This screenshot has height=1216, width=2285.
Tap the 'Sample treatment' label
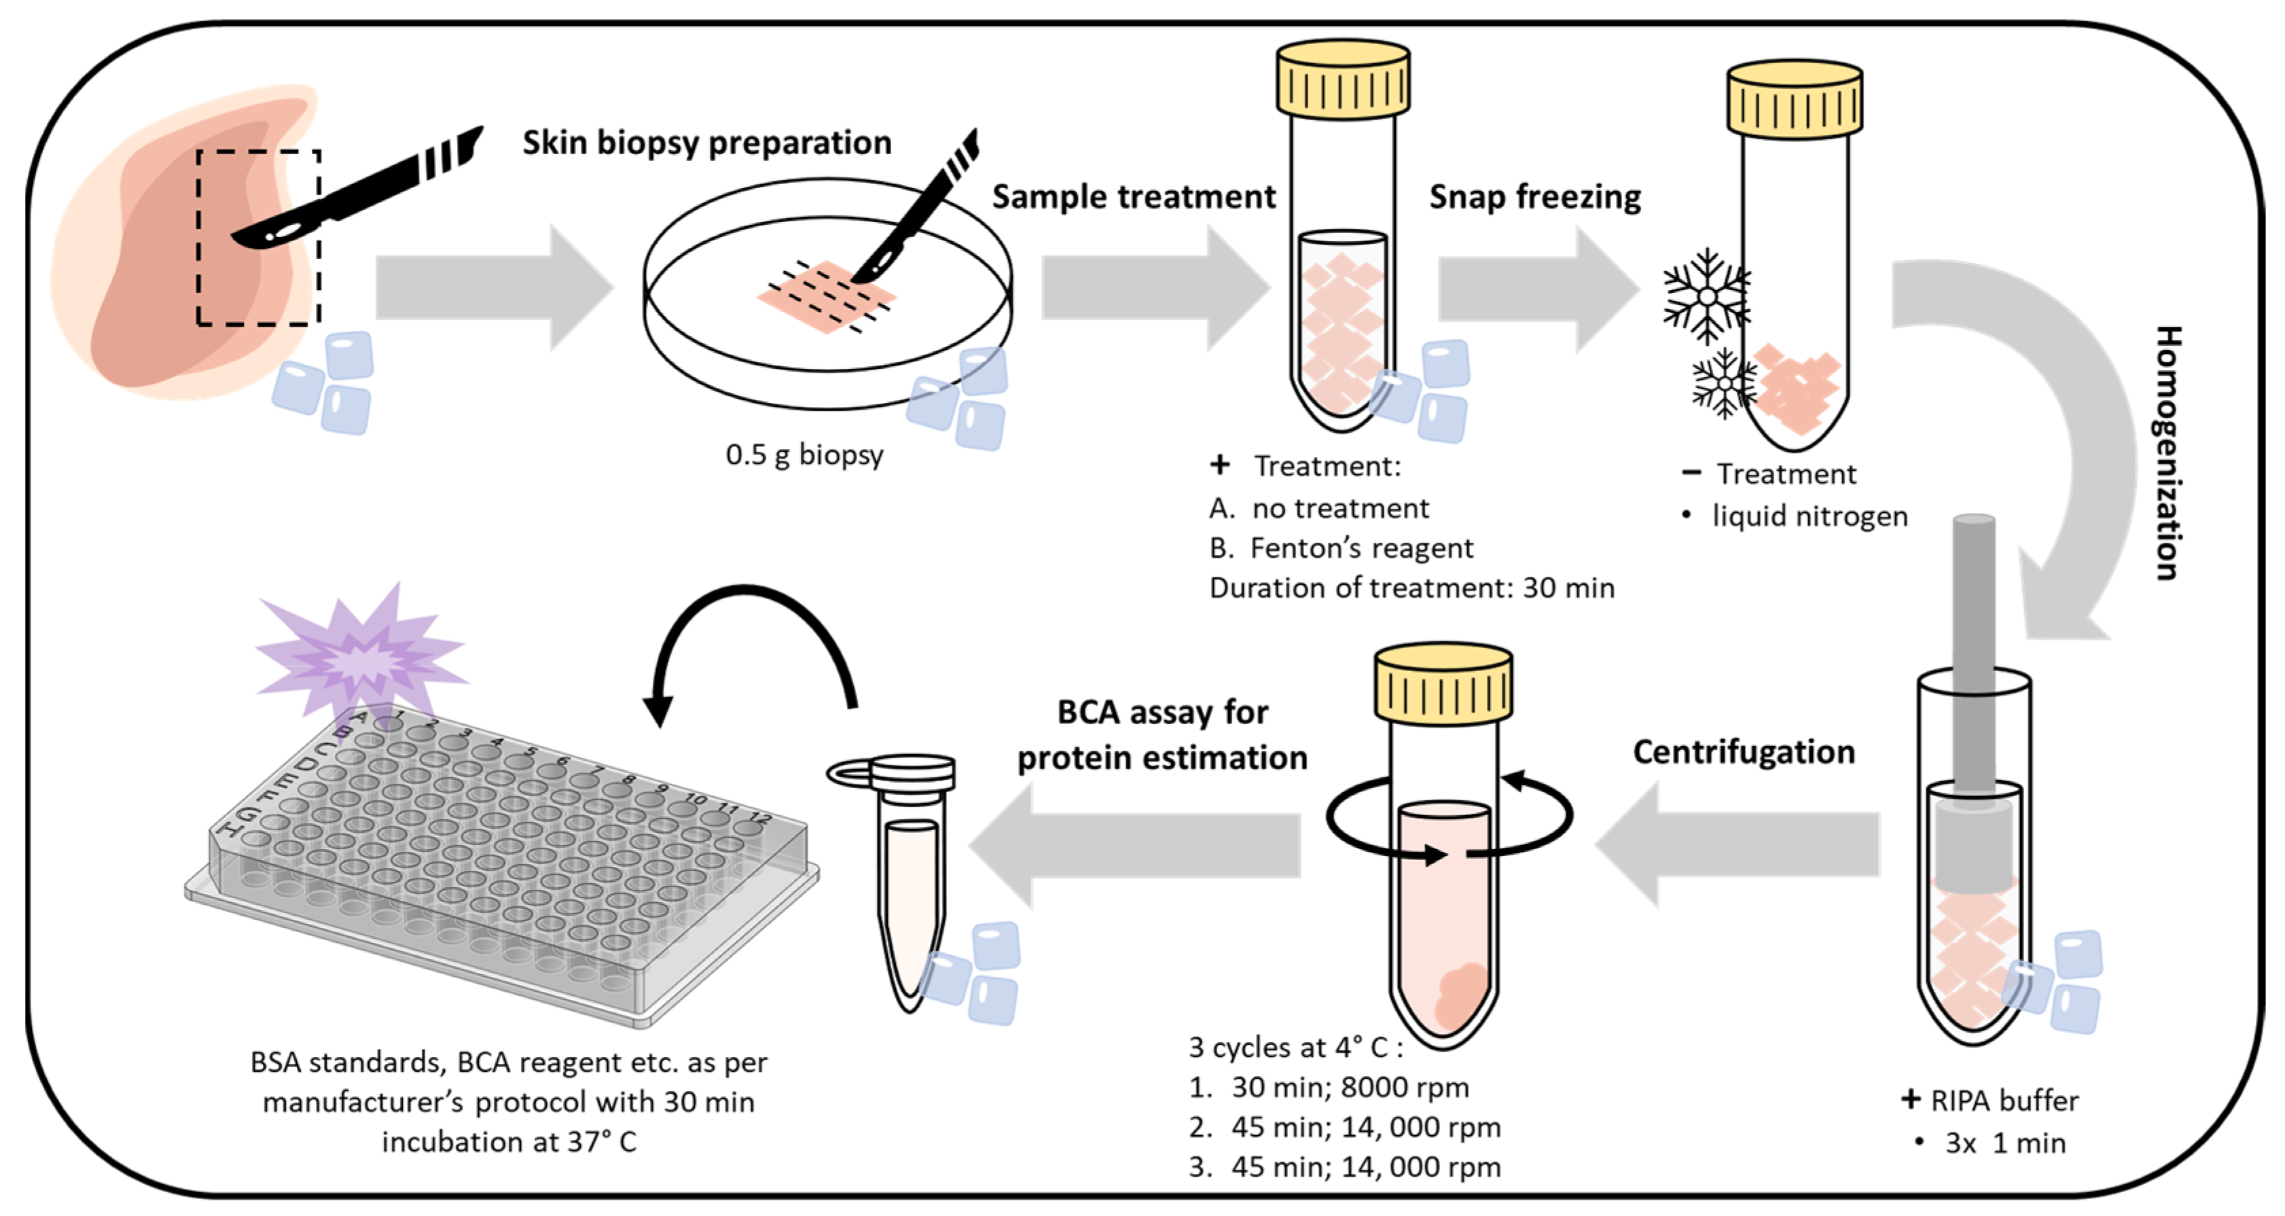click(1133, 197)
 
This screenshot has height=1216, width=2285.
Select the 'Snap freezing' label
click(1534, 197)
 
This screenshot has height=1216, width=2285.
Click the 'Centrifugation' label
click(1743, 752)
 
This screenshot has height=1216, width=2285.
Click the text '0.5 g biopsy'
click(804, 455)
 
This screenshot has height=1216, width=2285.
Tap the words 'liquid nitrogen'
click(1809, 516)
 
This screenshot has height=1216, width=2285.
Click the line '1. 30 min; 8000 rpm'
click(1329, 1088)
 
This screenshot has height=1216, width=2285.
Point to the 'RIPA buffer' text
click(2004, 1101)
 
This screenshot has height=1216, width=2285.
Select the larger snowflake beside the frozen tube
click(1705, 296)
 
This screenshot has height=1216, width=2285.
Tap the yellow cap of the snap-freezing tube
click(1794, 99)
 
